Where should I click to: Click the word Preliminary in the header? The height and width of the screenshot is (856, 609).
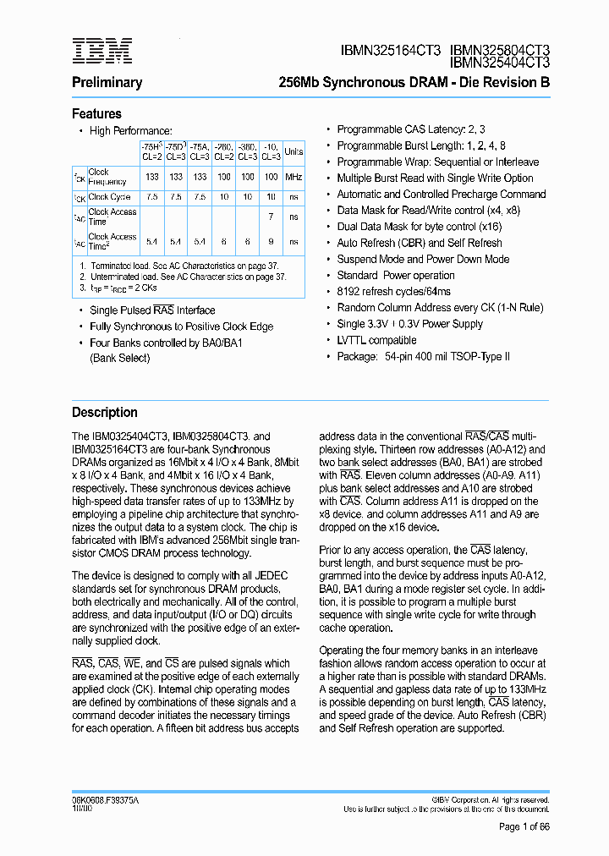(107, 83)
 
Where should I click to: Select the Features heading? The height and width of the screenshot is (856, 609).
(96, 114)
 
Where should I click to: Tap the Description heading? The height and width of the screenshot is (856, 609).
(104, 413)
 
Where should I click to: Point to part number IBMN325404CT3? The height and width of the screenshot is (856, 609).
(499, 63)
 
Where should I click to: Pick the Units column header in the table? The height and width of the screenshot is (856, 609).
(294, 152)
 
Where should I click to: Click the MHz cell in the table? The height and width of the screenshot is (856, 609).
(294, 178)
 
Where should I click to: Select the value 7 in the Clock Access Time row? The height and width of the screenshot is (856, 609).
(271, 217)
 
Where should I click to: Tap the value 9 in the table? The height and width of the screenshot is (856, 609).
(271, 242)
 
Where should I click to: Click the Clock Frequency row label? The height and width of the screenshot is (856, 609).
(107, 177)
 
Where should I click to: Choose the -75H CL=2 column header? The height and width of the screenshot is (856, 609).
(151, 151)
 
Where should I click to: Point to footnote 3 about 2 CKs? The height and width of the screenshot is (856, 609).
(127, 288)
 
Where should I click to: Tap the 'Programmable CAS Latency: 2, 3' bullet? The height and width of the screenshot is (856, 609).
(411, 129)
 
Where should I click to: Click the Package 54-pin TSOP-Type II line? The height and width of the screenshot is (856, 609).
(423, 357)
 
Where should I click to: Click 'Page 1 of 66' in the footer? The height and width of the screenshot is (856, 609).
(524, 827)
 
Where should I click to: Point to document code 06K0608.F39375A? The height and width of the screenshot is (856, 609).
(106, 799)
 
